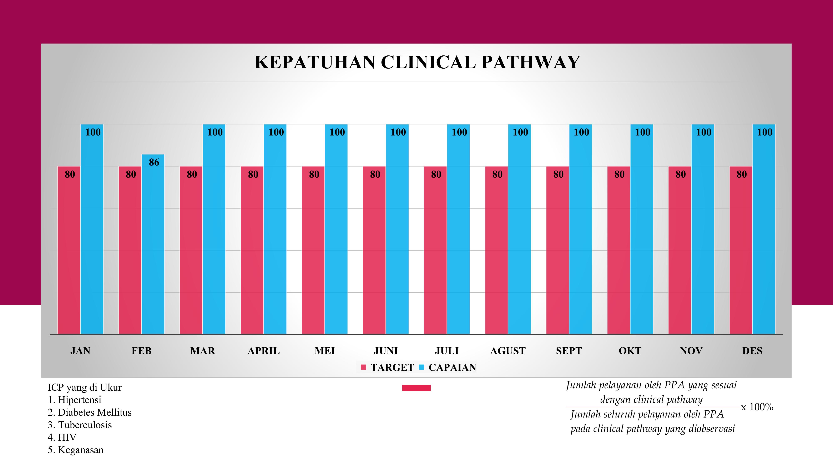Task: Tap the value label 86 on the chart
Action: [154, 162]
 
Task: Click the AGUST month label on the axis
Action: [508, 351]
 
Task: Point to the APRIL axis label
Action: [264, 351]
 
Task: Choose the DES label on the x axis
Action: [752, 351]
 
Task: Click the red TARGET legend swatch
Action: [363, 367]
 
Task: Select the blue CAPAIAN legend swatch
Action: [421, 367]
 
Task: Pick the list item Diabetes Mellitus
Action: [94, 412]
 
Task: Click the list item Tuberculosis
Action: [85, 425]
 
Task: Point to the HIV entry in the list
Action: [67, 437]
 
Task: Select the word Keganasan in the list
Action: [81, 450]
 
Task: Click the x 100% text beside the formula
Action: [757, 407]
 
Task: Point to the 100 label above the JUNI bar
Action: [398, 132]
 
